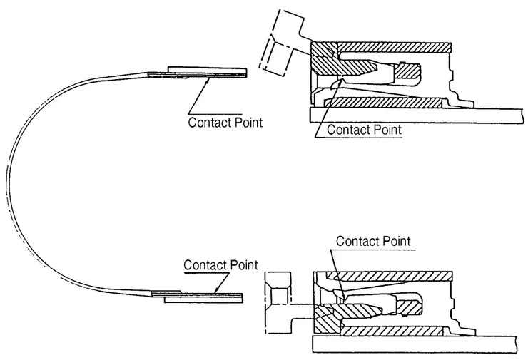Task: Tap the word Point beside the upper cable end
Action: [247, 122]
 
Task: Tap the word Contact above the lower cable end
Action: [205, 264]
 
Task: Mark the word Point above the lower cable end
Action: [243, 264]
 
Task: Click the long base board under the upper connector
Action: [414, 114]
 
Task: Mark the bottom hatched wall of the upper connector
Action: [385, 103]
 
